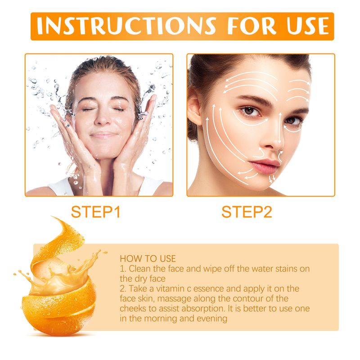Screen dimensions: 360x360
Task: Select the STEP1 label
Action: pos(95,212)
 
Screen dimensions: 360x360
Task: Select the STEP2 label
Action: pos(247,212)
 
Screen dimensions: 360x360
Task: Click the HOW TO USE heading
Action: pos(148,259)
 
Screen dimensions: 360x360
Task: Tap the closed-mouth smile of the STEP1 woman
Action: pos(103,135)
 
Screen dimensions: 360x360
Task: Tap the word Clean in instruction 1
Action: pos(139,269)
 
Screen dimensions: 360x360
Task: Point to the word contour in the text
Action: pos(257,298)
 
